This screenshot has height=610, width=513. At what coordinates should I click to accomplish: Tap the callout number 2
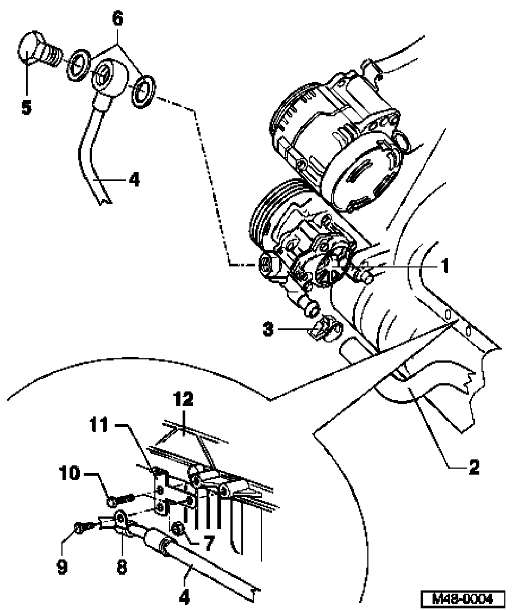474,466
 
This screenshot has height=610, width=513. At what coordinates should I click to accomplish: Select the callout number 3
268,329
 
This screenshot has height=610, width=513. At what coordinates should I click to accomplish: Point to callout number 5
26,107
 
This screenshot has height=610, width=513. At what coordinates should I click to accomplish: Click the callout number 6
117,18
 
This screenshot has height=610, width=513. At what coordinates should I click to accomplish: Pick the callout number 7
209,543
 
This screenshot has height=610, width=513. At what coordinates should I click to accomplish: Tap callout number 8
121,567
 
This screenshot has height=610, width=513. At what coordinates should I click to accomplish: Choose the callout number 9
62,567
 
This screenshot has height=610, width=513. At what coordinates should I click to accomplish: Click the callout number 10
70,474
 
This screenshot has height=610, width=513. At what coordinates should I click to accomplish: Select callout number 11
99,425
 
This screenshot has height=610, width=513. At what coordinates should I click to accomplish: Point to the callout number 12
184,399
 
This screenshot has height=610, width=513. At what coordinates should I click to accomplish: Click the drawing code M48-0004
462,597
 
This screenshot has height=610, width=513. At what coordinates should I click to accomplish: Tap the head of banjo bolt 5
28,49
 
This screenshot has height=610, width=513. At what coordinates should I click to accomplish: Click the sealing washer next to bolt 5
78,65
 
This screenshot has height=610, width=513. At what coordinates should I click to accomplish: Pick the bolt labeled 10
121,499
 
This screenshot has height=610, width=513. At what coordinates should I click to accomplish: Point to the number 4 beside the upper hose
134,179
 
